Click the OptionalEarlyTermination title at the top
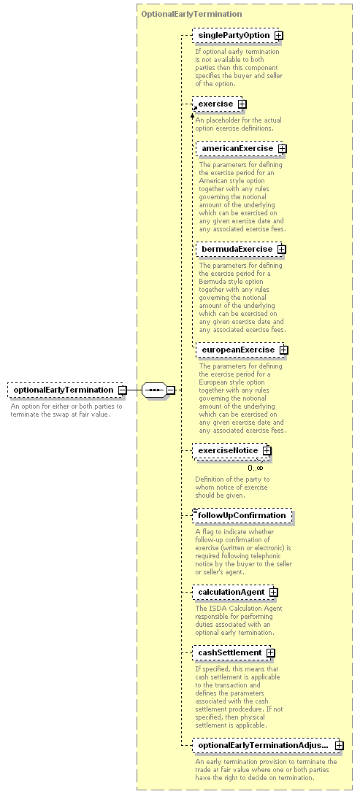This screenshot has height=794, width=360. coord(191,14)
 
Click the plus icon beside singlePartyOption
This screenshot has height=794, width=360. coord(278,36)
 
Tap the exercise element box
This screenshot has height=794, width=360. coord(218,104)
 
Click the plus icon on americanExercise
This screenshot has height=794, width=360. coord(282,148)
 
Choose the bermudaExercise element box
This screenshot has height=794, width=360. coord(241,249)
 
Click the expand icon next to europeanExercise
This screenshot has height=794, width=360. coord(284,350)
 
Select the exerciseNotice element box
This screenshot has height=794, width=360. coord(231,450)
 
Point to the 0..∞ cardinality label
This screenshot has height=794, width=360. coord(256,469)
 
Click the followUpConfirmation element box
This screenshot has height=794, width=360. coord(242,515)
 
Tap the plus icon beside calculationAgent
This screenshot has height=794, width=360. coord(273,592)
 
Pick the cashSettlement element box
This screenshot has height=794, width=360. coord(234,652)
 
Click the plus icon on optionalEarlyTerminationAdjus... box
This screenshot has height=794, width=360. coord(340,745)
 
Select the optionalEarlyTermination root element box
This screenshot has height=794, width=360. coord(67,390)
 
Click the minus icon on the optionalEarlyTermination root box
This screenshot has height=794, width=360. coord(122,390)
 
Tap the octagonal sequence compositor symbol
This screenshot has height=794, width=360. coord(154,390)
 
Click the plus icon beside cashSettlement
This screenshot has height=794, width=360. coord(270,652)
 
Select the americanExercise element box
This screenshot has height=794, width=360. coord(242,148)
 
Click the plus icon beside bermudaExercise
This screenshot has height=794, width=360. coord(281,249)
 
